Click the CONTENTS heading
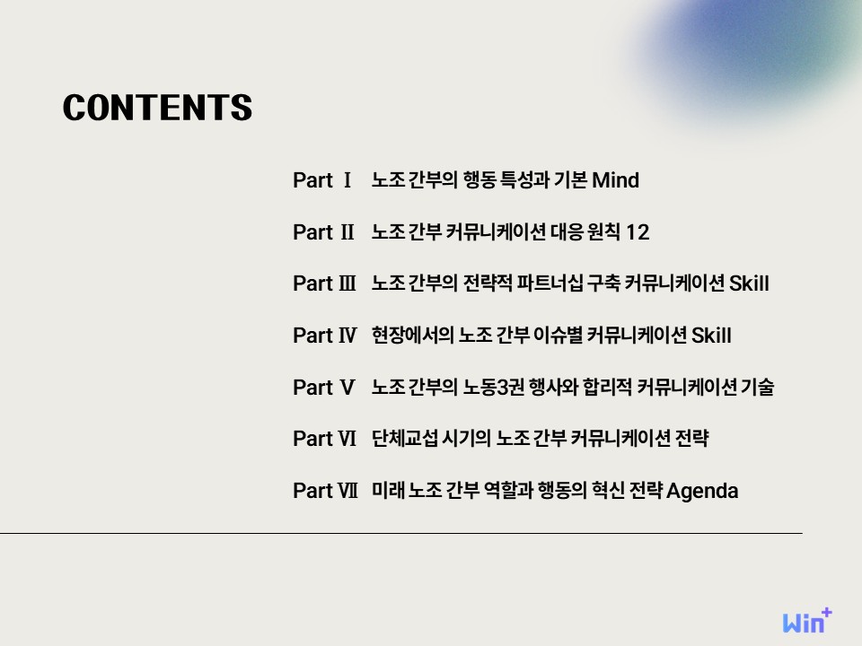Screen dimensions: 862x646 pyautogui.click(x=158, y=107)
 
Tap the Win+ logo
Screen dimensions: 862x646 pyautogui.click(x=807, y=621)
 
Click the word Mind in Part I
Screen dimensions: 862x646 pyautogui.click(x=615, y=180)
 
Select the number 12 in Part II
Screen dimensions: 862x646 pyautogui.click(x=638, y=231)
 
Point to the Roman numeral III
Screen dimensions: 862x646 pyautogui.click(x=347, y=284)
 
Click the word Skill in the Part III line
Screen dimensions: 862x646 pyautogui.click(x=749, y=284)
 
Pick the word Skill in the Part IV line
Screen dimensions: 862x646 pyautogui.click(x=711, y=335)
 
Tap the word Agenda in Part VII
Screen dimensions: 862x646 pyautogui.click(x=702, y=491)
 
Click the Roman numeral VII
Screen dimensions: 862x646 pyautogui.click(x=348, y=491)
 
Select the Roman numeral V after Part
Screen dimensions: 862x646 pyautogui.click(x=347, y=388)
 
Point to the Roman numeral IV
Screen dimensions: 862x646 pyautogui.click(x=347, y=335)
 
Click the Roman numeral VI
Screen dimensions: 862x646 pyautogui.click(x=347, y=439)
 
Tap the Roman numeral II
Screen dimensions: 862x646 pyautogui.click(x=347, y=231)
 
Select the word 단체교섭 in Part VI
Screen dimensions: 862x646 pyautogui.click(x=405, y=439)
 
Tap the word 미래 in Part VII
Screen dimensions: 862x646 pyautogui.click(x=388, y=490)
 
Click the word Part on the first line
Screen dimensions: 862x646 pyautogui.click(x=312, y=180)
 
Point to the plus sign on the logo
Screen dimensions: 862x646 pyautogui.click(x=826, y=613)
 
